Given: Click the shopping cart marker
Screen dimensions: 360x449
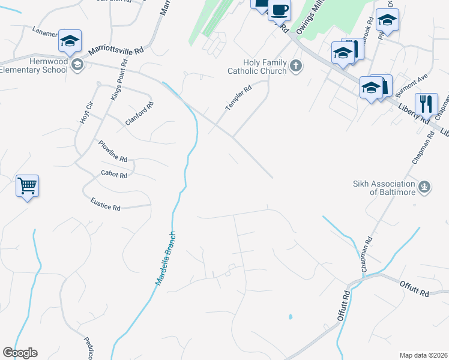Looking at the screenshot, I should pyautogui.click(x=28, y=186).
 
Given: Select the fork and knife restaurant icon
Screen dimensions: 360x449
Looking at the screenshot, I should pyautogui.click(x=426, y=103).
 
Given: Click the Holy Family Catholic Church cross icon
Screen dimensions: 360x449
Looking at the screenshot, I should pyautogui.click(x=295, y=65).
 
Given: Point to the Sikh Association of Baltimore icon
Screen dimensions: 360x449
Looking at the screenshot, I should pyautogui.click(x=425, y=187).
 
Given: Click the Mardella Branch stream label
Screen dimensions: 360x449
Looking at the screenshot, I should pyautogui.click(x=166, y=258).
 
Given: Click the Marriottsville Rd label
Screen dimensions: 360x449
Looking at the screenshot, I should pyautogui.click(x=118, y=52).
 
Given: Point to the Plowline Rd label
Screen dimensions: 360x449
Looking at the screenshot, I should pyautogui.click(x=113, y=151).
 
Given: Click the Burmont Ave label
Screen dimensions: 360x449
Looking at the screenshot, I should pyautogui.click(x=415, y=81).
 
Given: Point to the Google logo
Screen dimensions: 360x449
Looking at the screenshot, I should pyautogui.click(x=20, y=353).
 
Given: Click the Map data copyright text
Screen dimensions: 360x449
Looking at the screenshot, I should pyautogui.click(x=423, y=355).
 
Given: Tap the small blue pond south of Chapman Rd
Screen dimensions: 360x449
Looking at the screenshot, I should pyautogui.click(x=291, y=316).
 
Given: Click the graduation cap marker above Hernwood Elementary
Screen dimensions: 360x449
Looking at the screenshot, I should pyautogui.click(x=70, y=42).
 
